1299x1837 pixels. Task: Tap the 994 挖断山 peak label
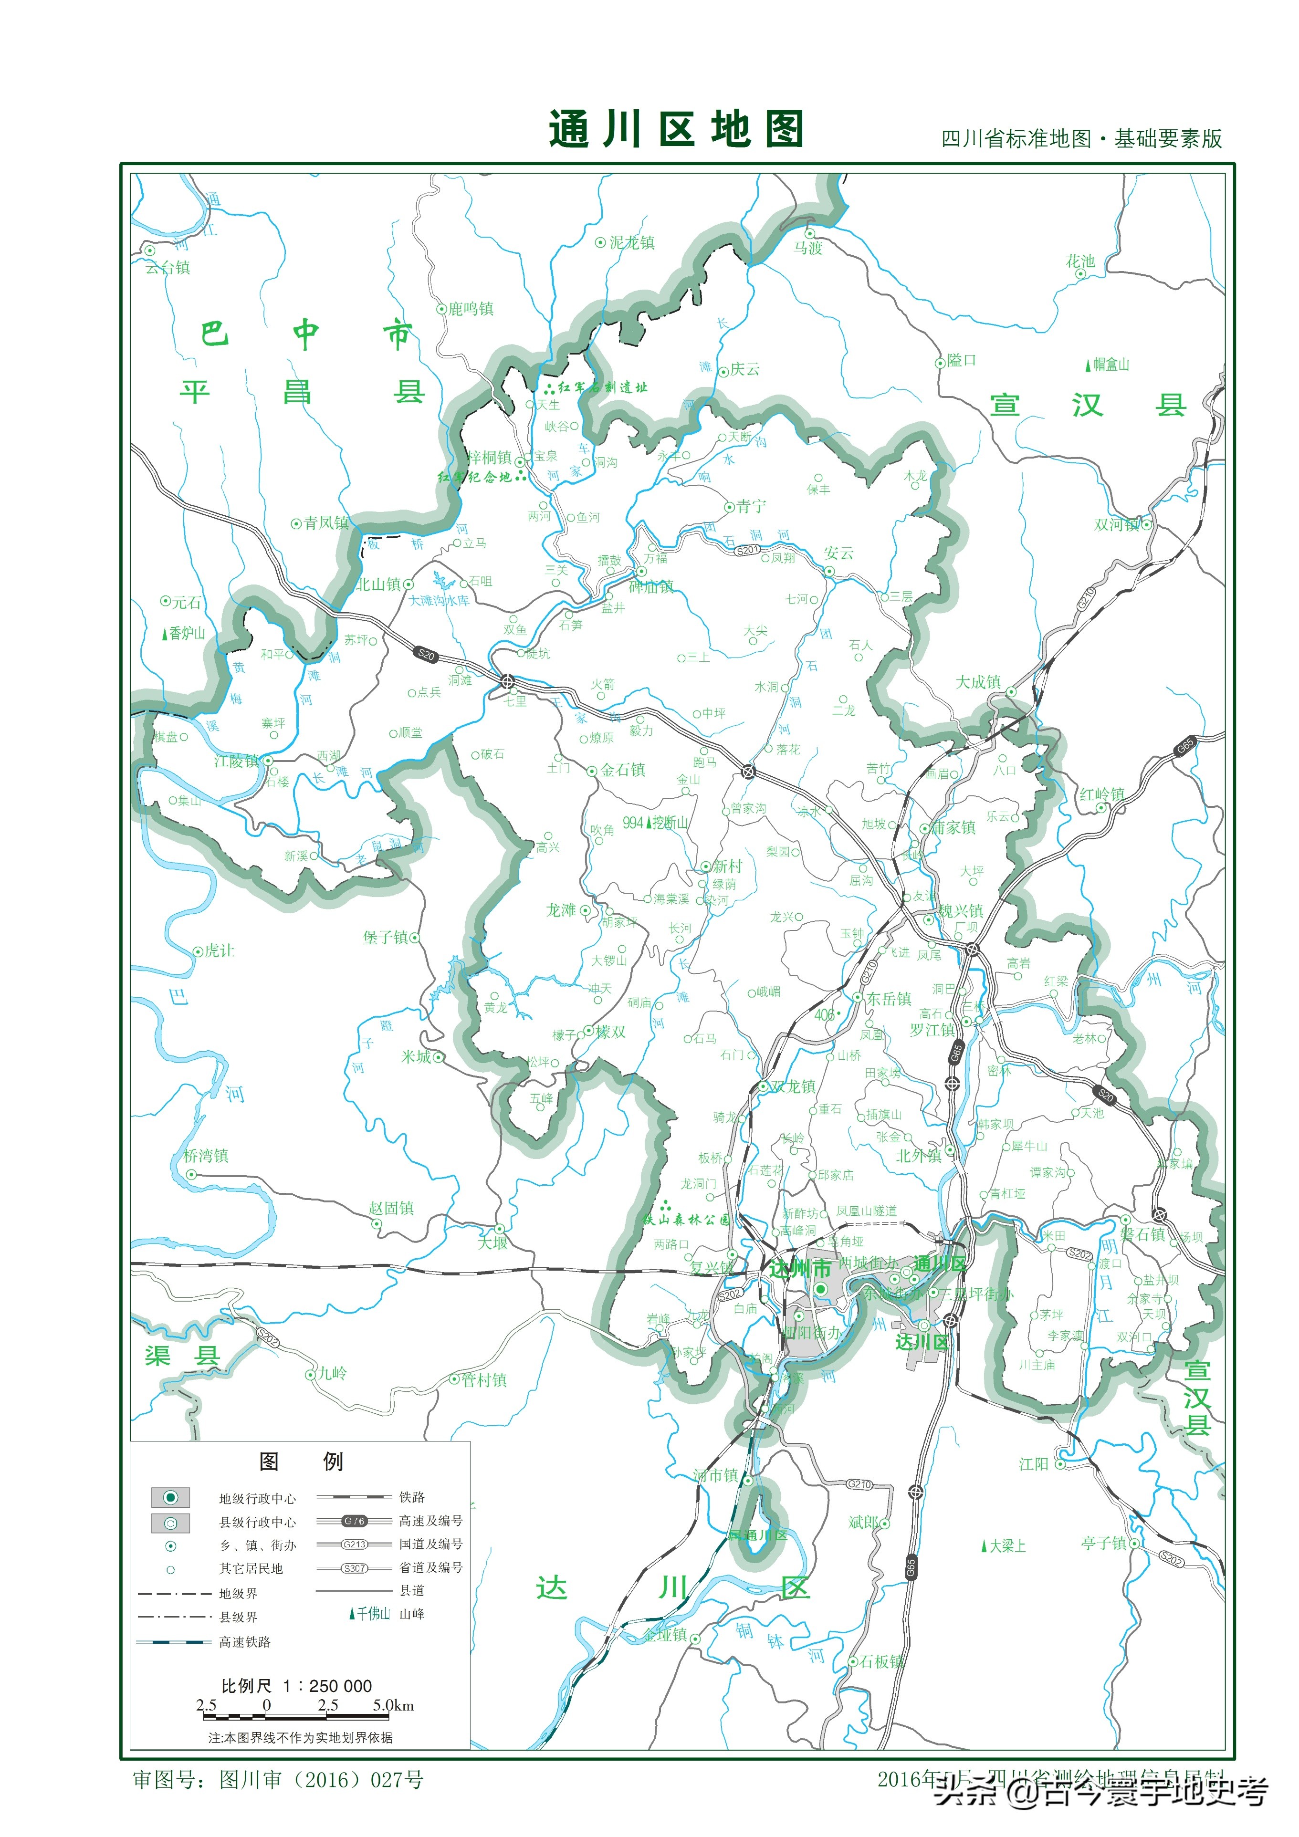tap(656, 823)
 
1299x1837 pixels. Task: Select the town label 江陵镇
tap(237, 761)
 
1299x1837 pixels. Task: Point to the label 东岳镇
tap(889, 999)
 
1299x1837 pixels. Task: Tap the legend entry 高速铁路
tap(245, 1642)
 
